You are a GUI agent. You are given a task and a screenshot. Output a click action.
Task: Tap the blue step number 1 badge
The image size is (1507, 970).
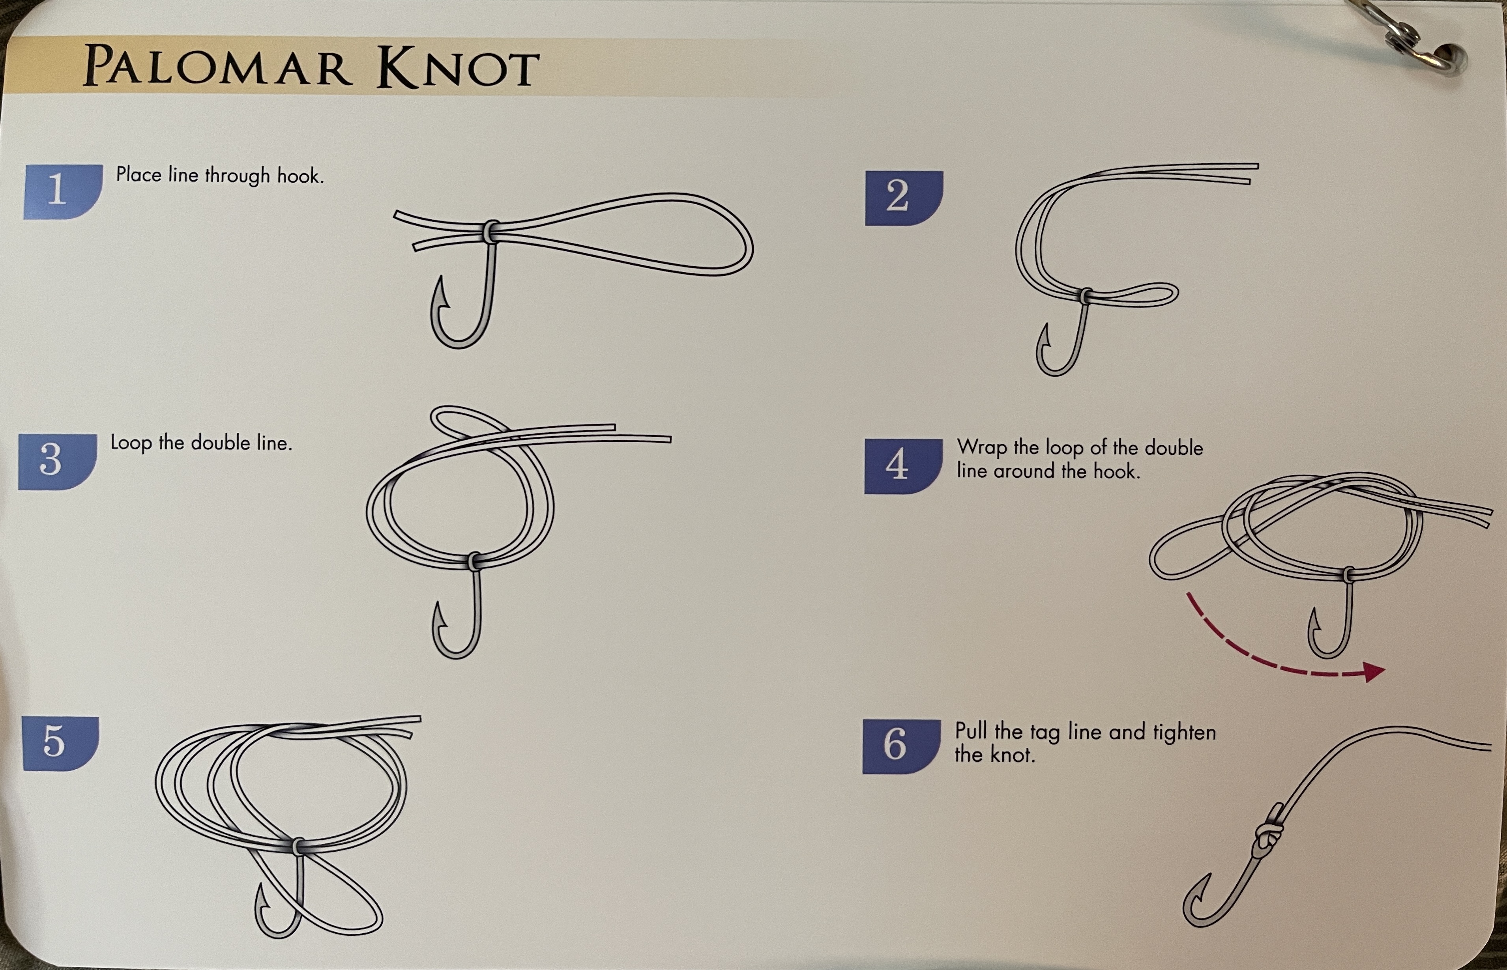click(63, 191)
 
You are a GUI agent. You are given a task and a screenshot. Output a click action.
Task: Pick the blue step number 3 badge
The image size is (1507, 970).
click(57, 462)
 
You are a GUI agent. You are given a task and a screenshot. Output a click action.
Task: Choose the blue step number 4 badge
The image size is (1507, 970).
click(903, 466)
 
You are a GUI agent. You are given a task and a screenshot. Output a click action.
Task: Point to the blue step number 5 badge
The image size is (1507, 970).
click(60, 743)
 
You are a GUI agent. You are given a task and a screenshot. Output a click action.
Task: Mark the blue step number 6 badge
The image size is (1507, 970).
click(902, 746)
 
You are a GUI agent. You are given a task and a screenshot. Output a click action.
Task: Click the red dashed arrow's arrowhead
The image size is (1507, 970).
click(1374, 672)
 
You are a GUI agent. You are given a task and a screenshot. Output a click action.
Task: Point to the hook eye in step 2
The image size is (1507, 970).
click(1086, 295)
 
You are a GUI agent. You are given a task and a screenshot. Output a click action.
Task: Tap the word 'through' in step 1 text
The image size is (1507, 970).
click(238, 176)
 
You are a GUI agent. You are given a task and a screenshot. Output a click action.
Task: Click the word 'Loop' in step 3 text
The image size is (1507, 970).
click(131, 443)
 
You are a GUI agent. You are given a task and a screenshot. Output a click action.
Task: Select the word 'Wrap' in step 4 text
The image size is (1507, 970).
click(981, 448)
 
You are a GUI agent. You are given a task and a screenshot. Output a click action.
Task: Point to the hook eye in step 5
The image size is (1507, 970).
click(299, 845)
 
